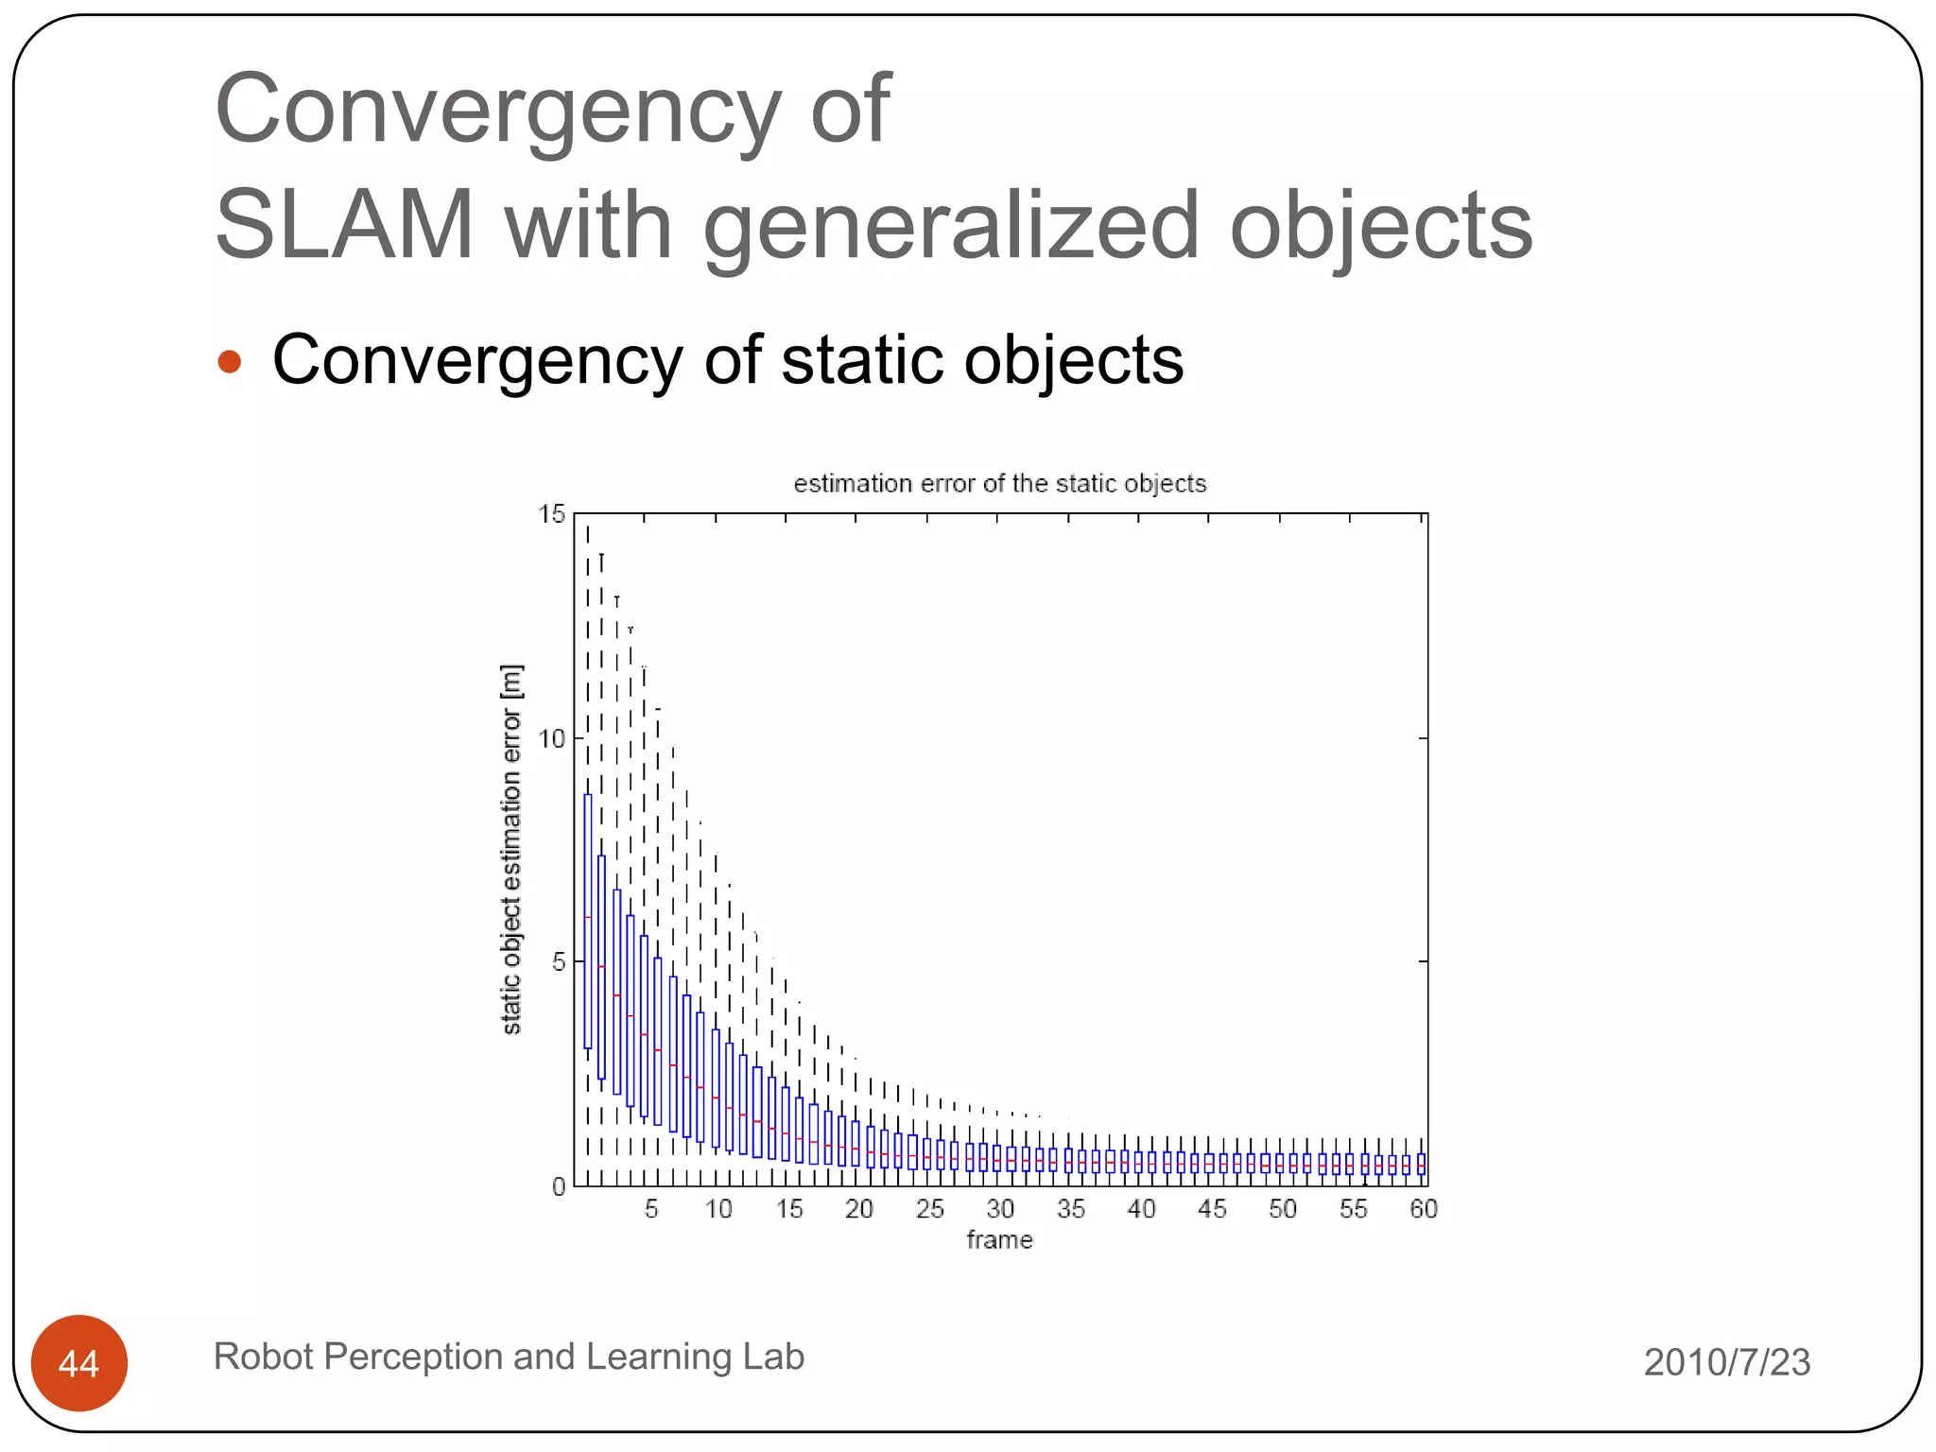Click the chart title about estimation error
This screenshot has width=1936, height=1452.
point(999,484)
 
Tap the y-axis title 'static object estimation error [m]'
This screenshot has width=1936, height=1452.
point(511,849)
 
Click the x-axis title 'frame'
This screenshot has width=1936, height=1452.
point(999,1239)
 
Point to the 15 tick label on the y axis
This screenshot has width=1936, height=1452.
point(551,514)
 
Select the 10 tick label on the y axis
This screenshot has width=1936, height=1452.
point(551,738)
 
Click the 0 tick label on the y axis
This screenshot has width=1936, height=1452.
point(559,1186)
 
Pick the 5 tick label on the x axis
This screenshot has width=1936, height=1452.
point(651,1209)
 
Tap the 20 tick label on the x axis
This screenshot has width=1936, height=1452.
point(858,1209)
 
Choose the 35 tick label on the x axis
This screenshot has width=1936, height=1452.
point(1070,1209)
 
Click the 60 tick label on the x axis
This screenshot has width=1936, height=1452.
point(1423,1209)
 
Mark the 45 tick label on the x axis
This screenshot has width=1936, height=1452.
point(1211,1209)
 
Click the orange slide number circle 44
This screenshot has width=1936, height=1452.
point(79,1363)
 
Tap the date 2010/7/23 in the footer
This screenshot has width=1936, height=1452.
point(1726,1362)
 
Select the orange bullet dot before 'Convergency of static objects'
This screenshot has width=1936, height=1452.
point(230,361)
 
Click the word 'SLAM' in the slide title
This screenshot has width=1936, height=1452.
point(344,225)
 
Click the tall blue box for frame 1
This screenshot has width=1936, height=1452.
point(588,922)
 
